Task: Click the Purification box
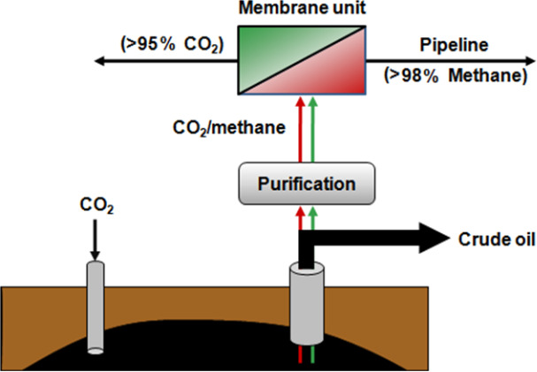(305, 185)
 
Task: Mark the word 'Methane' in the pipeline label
(477, 77)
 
